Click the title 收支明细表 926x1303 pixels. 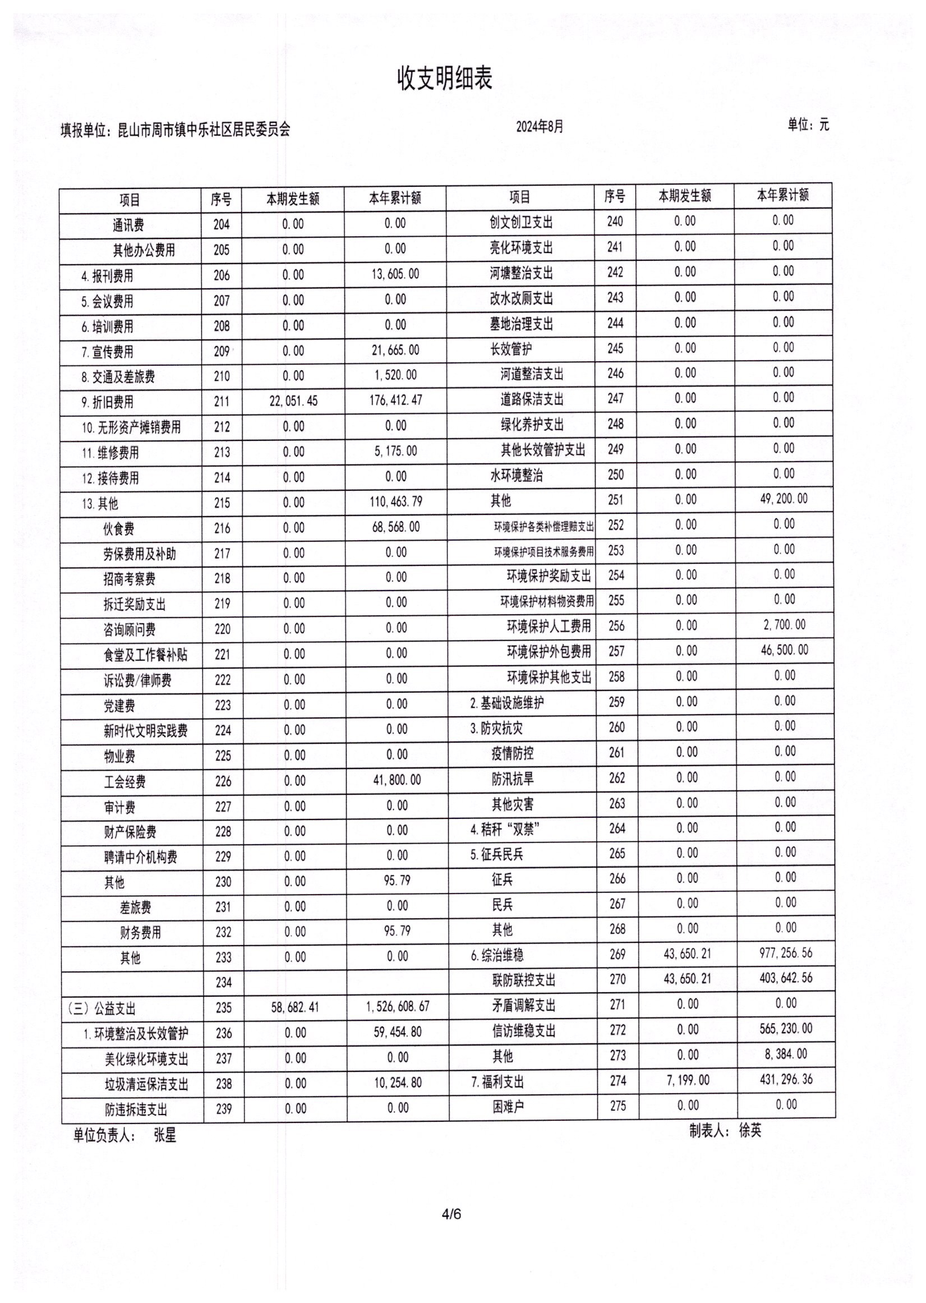coord(444,78)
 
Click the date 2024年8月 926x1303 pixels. coord(540,127)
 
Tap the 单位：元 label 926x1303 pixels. coord(808,125)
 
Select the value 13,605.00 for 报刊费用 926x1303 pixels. coord(395,274)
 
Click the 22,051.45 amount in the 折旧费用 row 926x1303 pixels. coord(293,401)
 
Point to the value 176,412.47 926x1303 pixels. coord(396,400)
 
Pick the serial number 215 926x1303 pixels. coord(222,503)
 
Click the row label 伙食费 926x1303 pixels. coord(118,528)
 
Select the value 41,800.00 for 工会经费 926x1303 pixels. coord(397,780)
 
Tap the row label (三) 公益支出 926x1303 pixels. coord(102,1008)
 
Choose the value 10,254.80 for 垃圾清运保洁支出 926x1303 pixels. coord(398,1083)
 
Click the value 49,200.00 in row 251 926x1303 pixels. coord(784,499)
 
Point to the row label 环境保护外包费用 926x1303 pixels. coord(549,651)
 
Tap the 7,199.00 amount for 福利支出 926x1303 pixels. coord(688,1080)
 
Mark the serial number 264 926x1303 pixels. coord(617,828)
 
